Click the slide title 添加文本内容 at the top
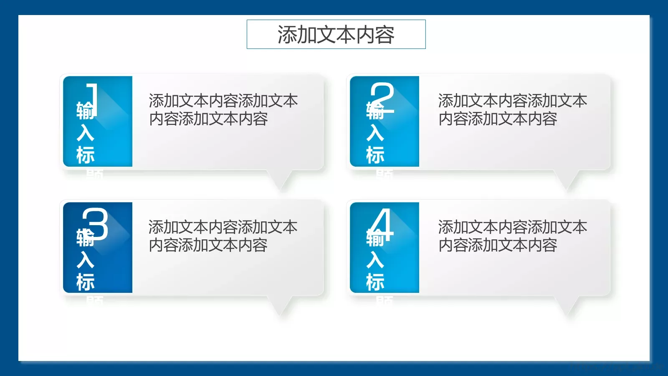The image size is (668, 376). (336, 34)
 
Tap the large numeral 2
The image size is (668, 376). (382, 98)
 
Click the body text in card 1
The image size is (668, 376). (223, 110)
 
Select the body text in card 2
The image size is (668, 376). (512, 110)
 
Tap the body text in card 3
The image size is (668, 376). (223, 236)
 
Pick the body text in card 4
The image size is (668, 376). (512, 236)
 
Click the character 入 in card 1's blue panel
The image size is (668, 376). (86, 133)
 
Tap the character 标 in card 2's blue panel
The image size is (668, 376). (375, 155)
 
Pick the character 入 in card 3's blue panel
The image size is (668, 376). (86, 260)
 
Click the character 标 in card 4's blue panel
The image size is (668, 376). (375, 282)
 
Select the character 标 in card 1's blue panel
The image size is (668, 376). (86, 155)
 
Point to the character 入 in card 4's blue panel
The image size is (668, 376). (375, 260)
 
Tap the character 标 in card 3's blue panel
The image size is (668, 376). (86, 282)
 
